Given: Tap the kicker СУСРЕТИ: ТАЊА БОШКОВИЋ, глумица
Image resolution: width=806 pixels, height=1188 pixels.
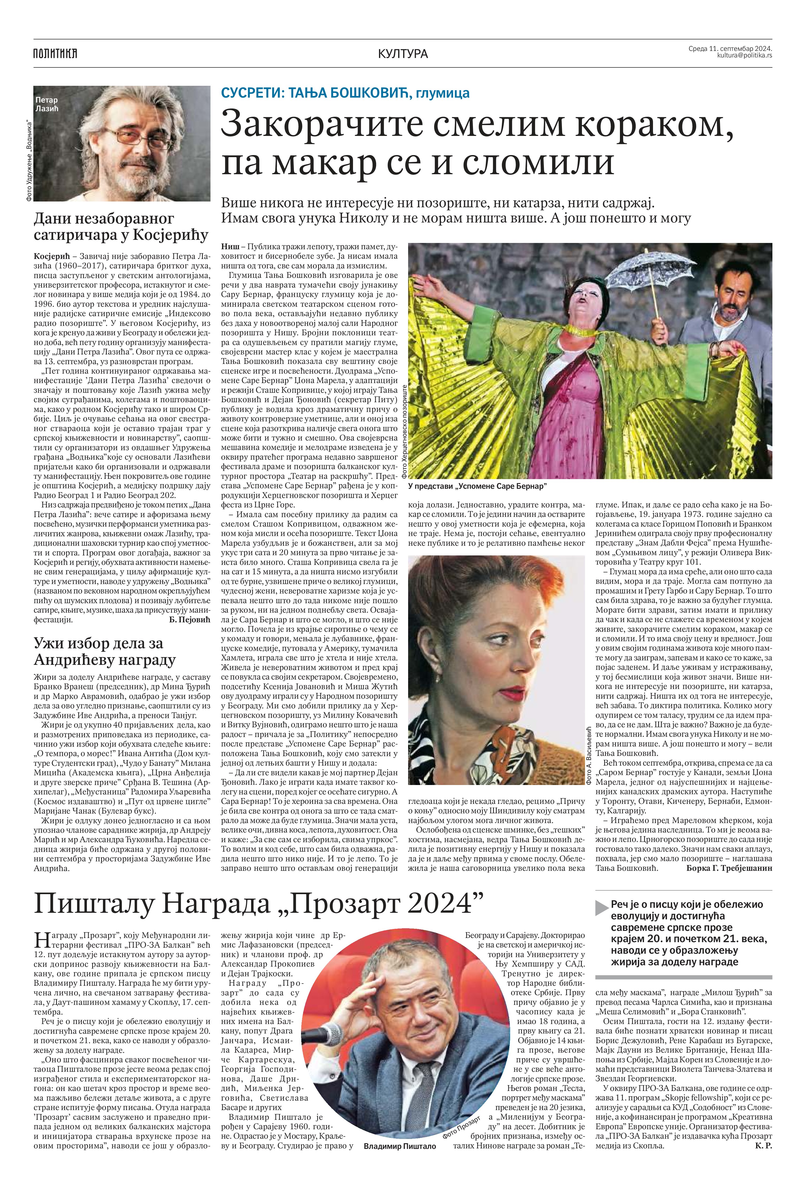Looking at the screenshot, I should click(345, 93).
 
